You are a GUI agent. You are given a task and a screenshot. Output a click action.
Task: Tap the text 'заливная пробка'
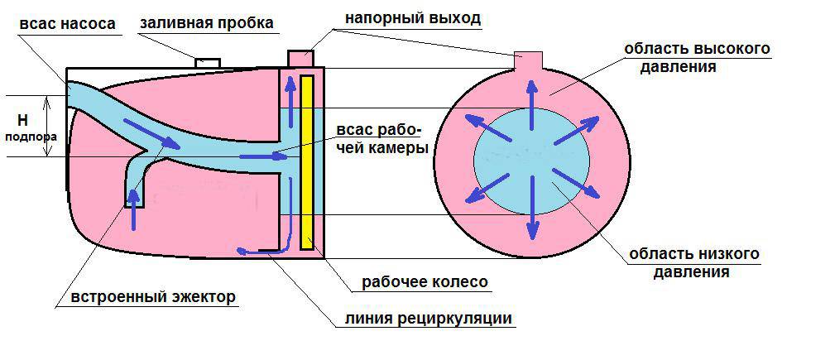click(x=207, y=22)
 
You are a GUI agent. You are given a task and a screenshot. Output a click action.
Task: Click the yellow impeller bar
click(x=307, y=161)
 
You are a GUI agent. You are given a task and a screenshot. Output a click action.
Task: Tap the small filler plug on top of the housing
click(x=207, y=62)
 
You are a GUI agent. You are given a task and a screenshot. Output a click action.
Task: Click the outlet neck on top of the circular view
click(x=527, y=60)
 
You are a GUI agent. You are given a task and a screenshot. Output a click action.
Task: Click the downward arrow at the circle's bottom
click(x=532, y=214)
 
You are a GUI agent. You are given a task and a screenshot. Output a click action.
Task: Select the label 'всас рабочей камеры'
click(x=382, y=140)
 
